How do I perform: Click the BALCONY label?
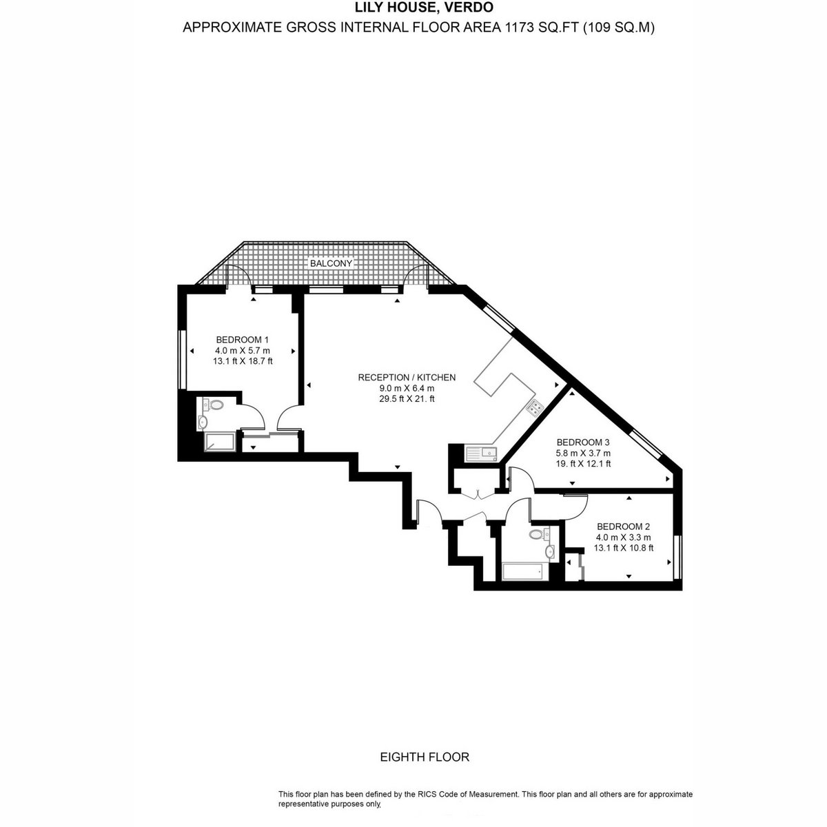(331, 263)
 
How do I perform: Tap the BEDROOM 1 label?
(243, 340)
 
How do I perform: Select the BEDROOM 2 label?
(623, 527)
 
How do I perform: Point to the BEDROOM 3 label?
(583, 442)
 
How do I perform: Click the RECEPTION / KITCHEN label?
(407, 378)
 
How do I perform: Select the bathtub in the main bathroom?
(522, 571)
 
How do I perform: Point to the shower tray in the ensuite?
(220, 442)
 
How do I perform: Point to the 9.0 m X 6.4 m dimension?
(407, 389)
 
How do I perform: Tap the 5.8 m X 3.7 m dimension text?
(583, 453)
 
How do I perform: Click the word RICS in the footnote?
(427, 795)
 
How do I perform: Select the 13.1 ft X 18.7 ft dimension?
(243, 361)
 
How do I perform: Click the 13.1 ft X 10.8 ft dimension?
(623, 548)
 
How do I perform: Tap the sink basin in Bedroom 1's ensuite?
(203, 422)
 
